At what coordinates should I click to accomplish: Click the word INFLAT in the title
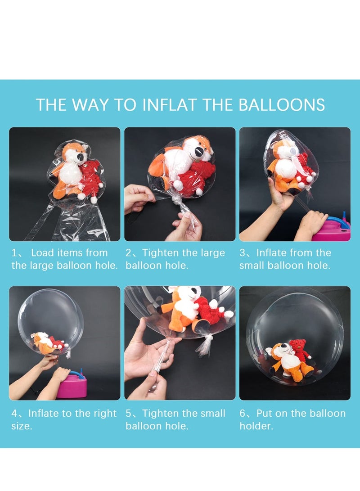click(169, 105)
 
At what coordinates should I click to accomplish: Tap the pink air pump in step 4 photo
click(72, 387)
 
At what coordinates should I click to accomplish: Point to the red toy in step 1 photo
click(90, 178)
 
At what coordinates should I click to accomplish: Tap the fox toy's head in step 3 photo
click(282, 149)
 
